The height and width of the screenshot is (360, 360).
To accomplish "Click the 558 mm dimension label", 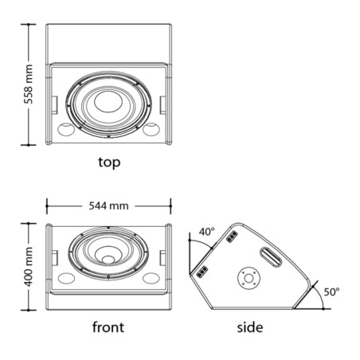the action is [x=28, y=84].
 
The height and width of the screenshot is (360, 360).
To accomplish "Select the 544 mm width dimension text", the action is [x=108, y=206].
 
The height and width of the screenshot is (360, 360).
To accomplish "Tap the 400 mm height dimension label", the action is [x=28, y=267].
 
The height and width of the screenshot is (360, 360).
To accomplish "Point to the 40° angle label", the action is [x=207, y=232].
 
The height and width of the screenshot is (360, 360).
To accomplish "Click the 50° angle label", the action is [x=331, y=292].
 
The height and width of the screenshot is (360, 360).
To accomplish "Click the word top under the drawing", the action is [x=109, y=162].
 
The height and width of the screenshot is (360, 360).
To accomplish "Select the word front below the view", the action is [x=108, y=327].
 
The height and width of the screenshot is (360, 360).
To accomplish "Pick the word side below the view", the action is [x=250, y=327].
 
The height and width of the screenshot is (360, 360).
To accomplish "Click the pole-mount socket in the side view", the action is [x=248, y=279].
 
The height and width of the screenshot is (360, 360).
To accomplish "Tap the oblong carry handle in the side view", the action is [x=271, y=257].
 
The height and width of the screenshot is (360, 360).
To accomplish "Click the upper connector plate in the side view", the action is [x=232, y=237].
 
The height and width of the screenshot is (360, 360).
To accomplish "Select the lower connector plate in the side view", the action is [x=202, y=272].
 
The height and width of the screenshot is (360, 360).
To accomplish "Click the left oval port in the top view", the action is [x=66, y=130].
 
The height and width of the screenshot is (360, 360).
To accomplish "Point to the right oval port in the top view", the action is [x=151, y=130].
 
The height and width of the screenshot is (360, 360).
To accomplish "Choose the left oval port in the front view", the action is [x=66, y=278].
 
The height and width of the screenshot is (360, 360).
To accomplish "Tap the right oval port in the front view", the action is [x=151, y=278].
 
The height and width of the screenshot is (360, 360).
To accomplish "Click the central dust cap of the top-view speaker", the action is [x=108, y=101].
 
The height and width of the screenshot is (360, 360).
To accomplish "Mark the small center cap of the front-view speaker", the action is [x=108, y=260].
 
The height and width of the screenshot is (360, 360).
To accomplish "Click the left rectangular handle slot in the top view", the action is [x=54, y=105].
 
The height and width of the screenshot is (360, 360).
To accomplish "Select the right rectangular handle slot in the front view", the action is [x=162, y=258].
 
